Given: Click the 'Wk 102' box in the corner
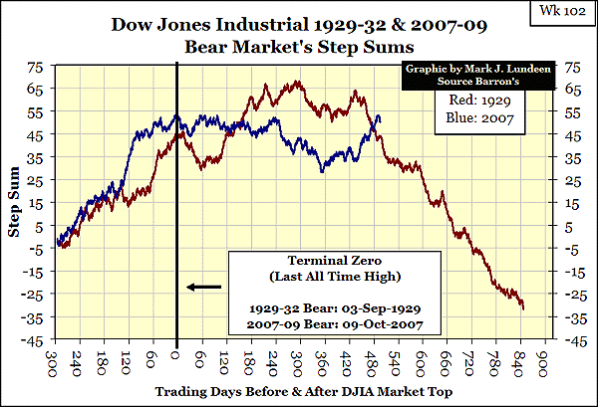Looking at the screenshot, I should (x=567, y=17).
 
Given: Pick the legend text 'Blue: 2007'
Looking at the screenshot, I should (x=486, y=122).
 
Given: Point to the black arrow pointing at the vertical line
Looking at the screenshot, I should (x=204, y=288).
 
